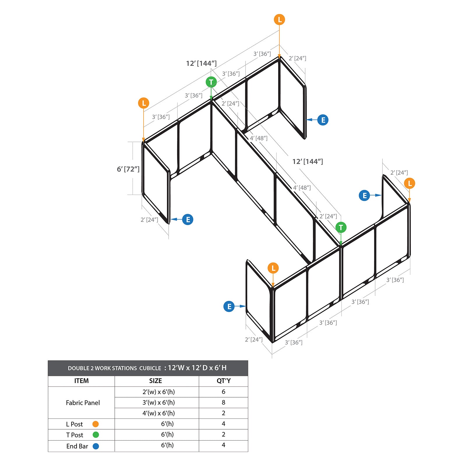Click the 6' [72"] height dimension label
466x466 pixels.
tap(128, 169)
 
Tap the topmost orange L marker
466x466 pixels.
tap(279, 20)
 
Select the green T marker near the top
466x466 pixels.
tap(211, 82)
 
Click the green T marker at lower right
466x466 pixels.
tap(341, 227)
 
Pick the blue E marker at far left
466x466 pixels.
tap(188, 219)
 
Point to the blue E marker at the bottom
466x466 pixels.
tap(229, 306)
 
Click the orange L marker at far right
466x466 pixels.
tap(409, 183)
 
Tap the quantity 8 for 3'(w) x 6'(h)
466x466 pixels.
tap(223, 402)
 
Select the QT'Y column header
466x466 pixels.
tap(223, 381)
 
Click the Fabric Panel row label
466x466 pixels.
tap(83, 403)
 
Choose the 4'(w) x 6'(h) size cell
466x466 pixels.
tap(158, 413)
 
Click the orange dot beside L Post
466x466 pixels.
tap(96, 424)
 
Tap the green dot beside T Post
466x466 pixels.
tap(96, 435)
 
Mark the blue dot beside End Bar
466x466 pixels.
tap(96, 446)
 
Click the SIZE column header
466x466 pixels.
tap(156, 381)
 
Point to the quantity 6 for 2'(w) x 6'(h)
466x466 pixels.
tap(223, 392)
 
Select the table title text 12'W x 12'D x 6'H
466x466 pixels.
tap(197, 368)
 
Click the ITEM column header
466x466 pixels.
tap(81, 381)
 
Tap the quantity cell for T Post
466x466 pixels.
tap(223, 434)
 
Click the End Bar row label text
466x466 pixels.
tap(77, 446)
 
